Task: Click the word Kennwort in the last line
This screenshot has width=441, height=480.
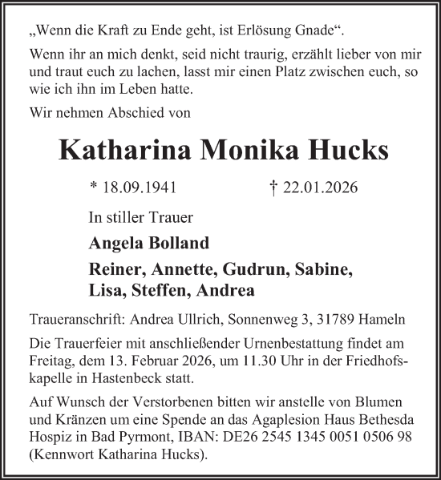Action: pos(67,457)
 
